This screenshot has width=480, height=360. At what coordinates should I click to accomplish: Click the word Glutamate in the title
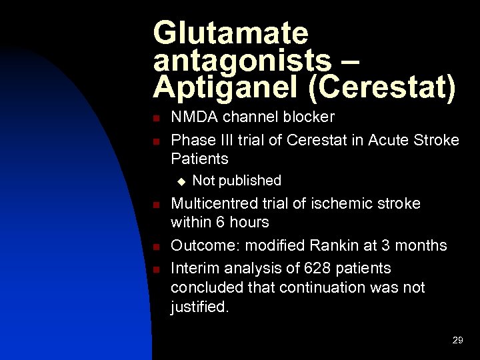pyautogui.click(x=231, y=33)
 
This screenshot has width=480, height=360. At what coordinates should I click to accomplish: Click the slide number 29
pyautogui.click(x=457, y=340)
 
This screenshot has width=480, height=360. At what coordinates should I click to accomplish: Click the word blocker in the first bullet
pyautogui.click(x=308, y=117)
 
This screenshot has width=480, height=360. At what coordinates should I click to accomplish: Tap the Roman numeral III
pyautogui.click(x=227, y=140)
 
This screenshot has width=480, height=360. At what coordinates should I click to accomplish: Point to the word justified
pyautogui.click(x=199, y=308)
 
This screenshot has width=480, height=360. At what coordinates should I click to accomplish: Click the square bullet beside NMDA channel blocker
pyautogui.click(x=155, y=119)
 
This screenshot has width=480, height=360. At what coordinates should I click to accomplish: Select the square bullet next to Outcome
pyautogui.click(x=155, y=247)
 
